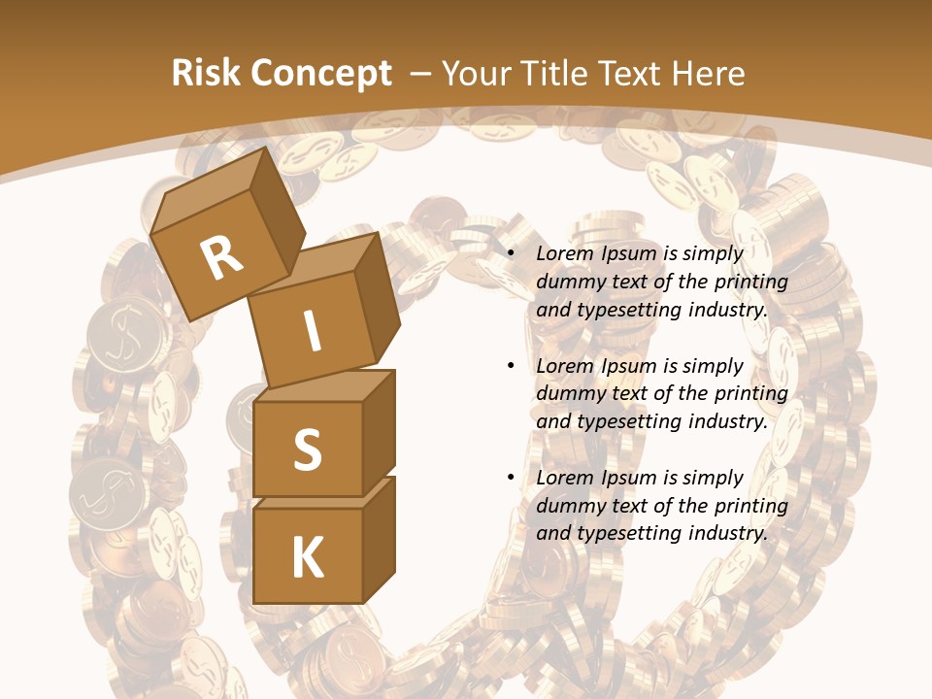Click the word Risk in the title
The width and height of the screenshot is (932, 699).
click(x=207, y=74)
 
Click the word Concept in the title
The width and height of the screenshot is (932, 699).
click(x=321, y=74)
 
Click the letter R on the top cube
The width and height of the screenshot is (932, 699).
click(x=221, y=258)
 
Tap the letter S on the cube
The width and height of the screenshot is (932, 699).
click(x=307, y=450)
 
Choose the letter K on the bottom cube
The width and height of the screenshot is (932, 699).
click(x=307, y=558)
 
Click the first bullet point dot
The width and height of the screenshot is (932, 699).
click(x=511, y=253)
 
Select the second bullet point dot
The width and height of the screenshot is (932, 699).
click(x=511, y=366)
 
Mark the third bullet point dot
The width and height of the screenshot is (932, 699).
click(x=511, y=478)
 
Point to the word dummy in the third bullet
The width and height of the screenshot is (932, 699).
click(x=568, y=506)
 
